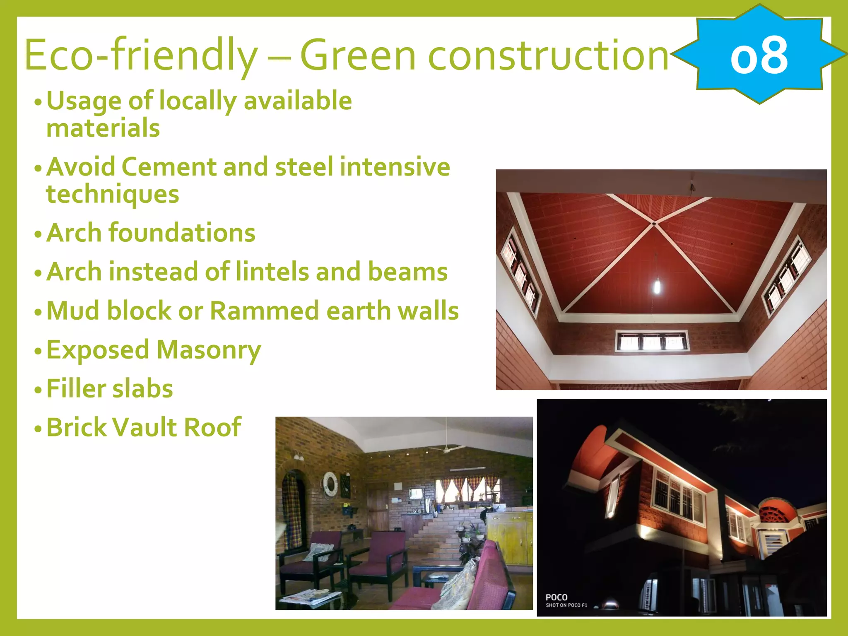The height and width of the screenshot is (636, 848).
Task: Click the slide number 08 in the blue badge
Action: (x=759, y=55)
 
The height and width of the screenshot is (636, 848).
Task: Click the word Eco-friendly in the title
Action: (x=141, y=55)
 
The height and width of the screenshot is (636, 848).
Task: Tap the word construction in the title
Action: (x=548, y=55)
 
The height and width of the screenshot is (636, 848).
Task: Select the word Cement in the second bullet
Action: (x=169, y=167)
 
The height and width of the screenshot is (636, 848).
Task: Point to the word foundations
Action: (x=182, y=233)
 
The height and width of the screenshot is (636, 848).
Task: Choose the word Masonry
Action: (x=209, y=350)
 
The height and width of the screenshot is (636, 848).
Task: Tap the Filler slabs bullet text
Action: (x=109, y=389)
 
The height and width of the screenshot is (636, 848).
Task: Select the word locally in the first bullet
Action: (x=197, y=101)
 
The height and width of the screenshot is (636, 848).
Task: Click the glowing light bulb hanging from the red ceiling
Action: (x=657, y=286)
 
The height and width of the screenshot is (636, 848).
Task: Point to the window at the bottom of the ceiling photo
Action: (x=651, y=341)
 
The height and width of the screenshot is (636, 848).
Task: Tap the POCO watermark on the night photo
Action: (x=556, y=597)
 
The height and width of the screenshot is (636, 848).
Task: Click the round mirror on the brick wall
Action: (x=330, y=483)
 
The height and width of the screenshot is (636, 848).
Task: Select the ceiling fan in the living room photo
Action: (x=446, y=448)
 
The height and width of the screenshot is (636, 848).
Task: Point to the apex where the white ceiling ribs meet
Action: (x=654, y=224)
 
